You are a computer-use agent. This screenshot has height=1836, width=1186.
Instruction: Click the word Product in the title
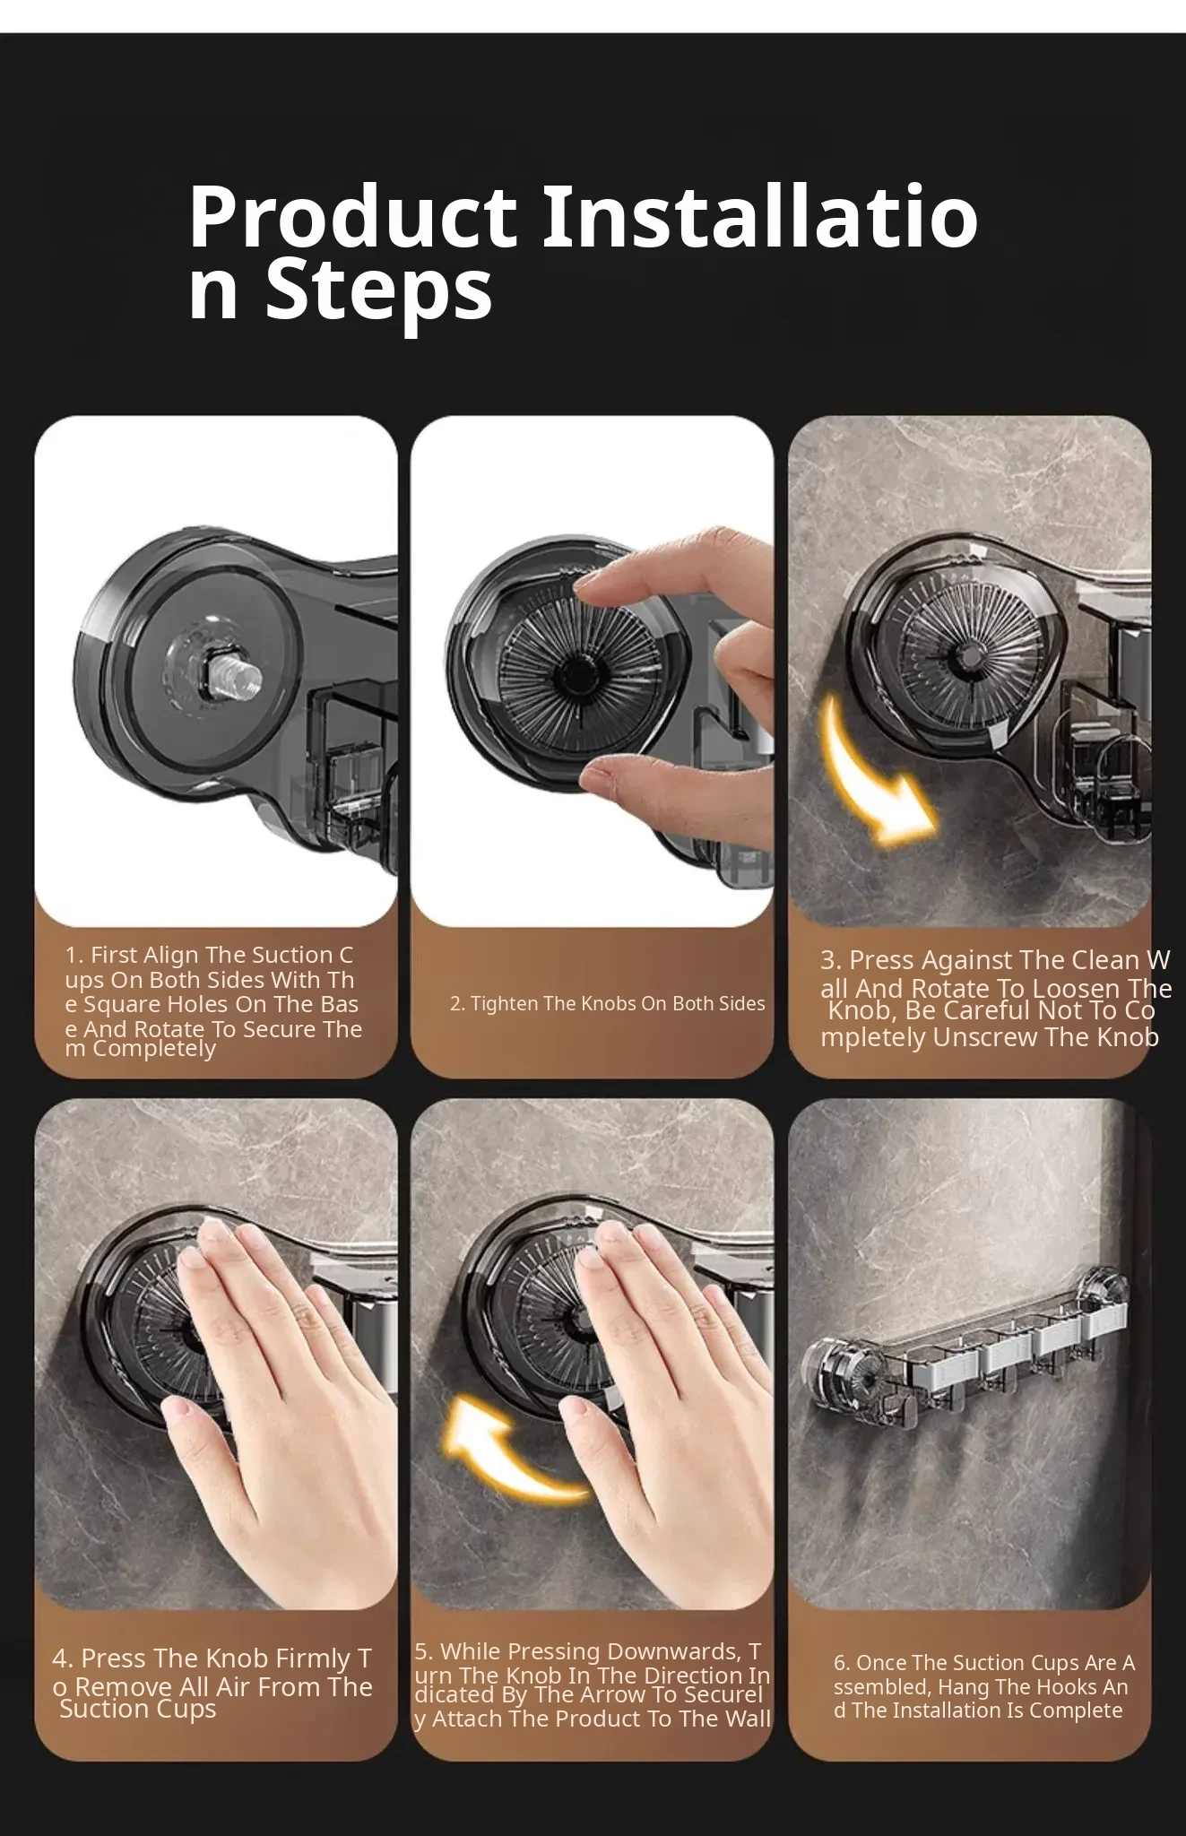pyautogui.click(x=351, y=217)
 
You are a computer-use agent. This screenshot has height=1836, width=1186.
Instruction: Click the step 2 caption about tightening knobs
pyautogui.click(x=607, y=1003)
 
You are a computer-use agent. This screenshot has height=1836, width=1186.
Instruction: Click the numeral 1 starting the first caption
pyautogui.click(x=72, y=956)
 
